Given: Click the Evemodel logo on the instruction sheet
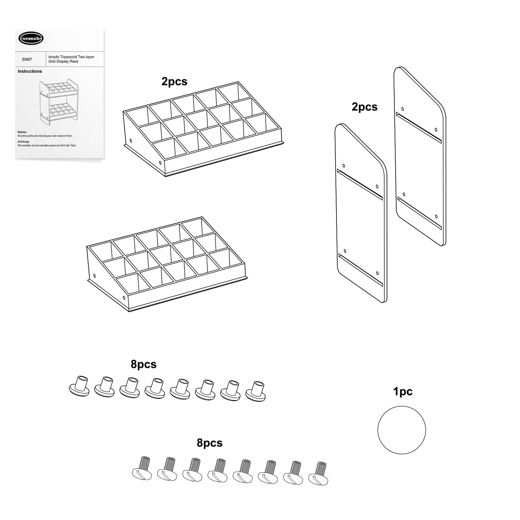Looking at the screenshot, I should [31, 39].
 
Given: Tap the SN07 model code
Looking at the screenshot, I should [27, 59].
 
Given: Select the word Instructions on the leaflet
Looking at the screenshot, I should [30, 71].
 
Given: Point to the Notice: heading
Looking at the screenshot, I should [22, 132].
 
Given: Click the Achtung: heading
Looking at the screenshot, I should [23, 142].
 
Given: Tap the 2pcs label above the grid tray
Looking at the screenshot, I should [174, 82].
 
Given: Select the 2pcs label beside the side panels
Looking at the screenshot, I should [364, 107].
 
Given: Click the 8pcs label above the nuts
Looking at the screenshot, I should [144, 364].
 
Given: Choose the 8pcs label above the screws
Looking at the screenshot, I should [209, 443].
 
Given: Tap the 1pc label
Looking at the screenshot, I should [403, 392].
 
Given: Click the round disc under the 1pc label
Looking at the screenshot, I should [401, 430].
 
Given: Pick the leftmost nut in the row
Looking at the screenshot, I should [79, 386].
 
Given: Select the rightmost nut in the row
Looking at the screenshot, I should [256, 391].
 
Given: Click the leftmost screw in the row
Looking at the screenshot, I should [142, 467].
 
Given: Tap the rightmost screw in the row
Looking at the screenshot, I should [318, 474].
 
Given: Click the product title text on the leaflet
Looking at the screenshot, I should [71, 59].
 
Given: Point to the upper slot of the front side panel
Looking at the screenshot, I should [360, 184].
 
